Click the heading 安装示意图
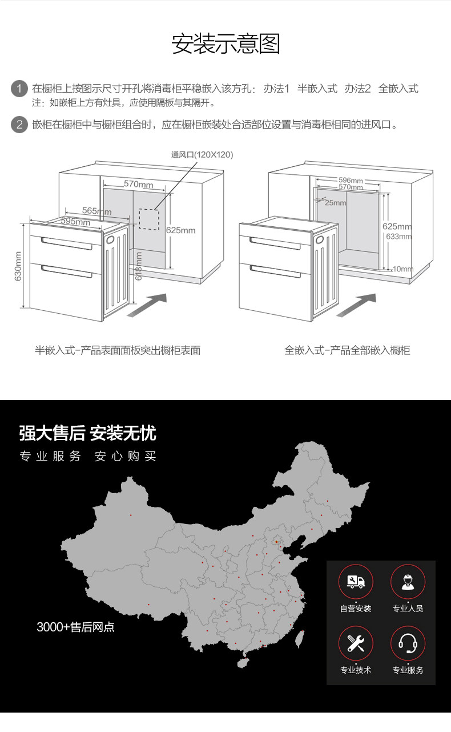226,44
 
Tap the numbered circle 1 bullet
19,89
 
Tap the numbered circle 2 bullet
19,124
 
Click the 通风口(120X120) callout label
202,155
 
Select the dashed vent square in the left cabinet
150,219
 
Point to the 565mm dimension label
96,211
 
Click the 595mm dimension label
75,222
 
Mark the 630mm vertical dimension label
18,266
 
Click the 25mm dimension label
336,202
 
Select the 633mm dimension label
398,236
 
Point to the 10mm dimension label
403,268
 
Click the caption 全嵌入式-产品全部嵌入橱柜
347,350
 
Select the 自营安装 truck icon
356,582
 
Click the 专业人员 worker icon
408,582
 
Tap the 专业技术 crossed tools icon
356,643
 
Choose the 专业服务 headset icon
408,643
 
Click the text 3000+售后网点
75,627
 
